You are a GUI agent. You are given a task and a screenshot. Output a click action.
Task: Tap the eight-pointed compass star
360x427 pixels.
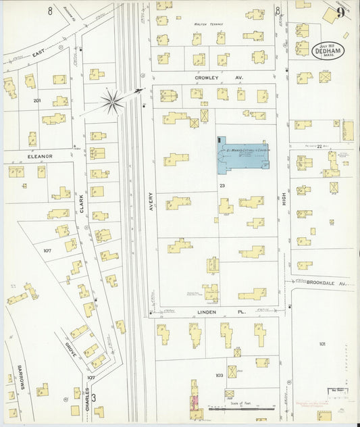point(113,103)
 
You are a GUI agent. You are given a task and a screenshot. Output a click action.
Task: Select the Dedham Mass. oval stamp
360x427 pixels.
point(328,51)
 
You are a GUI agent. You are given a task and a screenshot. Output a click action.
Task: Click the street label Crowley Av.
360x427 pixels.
point(209,78)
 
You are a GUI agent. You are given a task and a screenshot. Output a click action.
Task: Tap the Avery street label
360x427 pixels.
point(151,202)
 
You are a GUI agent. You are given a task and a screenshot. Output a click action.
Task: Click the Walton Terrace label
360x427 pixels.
point(209,24)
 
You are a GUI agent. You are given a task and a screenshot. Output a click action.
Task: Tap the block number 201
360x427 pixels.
point(37,101)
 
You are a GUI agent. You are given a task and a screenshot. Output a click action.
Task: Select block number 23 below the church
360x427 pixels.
point(222,184)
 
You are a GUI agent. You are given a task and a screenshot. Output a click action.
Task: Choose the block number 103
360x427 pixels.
point(219,374)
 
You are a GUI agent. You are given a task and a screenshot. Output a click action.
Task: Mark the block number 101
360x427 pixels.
point(322,344)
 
